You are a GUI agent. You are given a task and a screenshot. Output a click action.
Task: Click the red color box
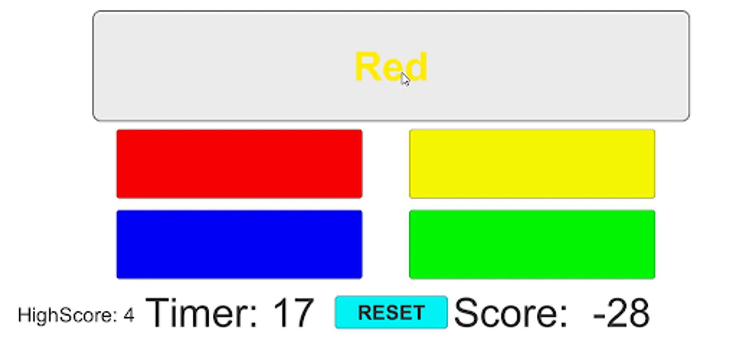[x=239, y=164]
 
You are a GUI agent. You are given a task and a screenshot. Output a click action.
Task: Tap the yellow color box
[x=532, y=164]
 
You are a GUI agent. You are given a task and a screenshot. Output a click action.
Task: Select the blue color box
[x=239, y=244]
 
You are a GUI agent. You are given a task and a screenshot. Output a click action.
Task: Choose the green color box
[x=532, y=244]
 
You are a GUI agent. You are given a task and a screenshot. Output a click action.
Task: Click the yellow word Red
[x=391, y=67]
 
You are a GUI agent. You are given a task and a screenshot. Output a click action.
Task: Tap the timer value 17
[x=293, y=313]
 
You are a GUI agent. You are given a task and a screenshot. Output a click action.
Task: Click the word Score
[x=511, y=313]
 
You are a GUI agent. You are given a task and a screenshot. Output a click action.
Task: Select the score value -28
[x=621, y=313]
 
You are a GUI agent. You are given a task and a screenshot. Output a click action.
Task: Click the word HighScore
[x=67, y=315]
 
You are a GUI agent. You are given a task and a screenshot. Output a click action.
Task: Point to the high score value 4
[x=129, y=315]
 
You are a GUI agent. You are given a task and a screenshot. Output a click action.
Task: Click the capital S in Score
[x=466, y=313]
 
